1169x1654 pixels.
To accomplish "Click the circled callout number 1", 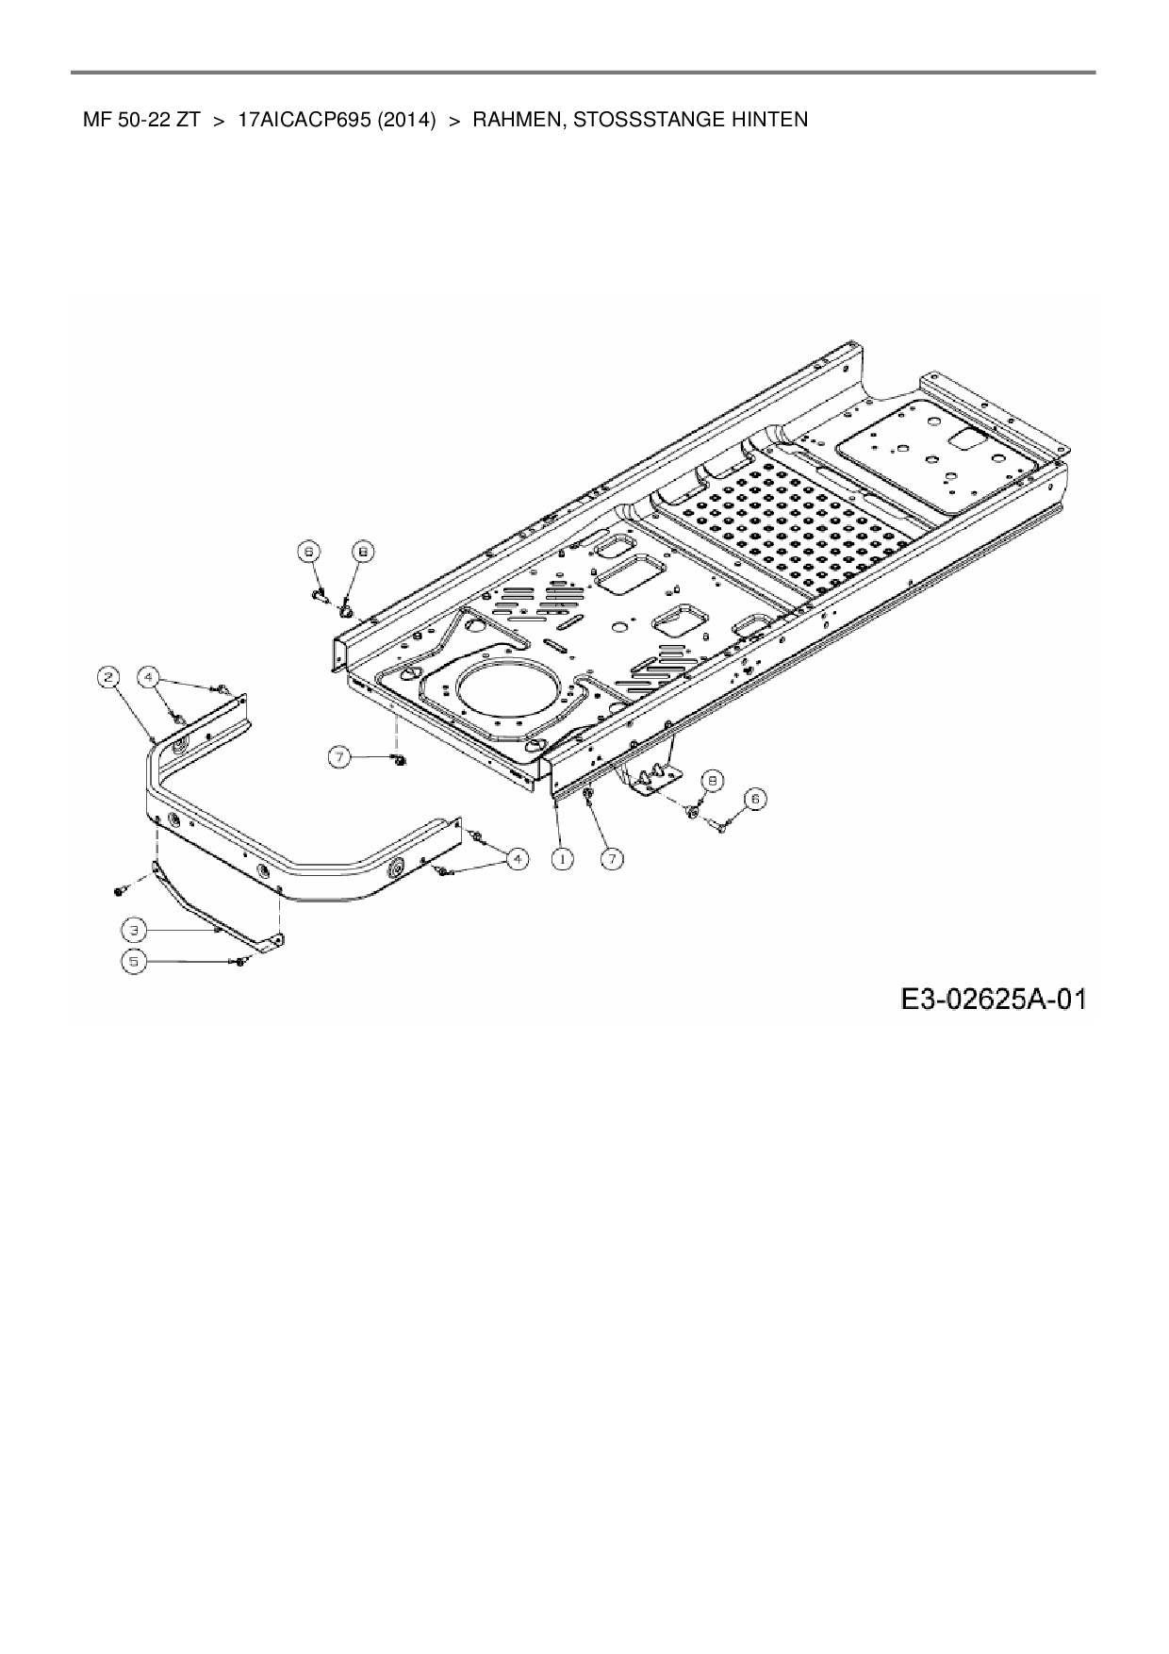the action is point(562,858).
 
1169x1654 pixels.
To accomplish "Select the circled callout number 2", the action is point(109,677).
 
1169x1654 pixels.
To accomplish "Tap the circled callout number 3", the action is point(134,930).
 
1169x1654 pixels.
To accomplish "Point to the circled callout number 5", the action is point(134,961).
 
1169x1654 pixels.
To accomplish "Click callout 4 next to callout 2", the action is point(148,677).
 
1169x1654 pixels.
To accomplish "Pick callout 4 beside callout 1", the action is point(517,858).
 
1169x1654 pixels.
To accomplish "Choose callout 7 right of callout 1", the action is point(613,858).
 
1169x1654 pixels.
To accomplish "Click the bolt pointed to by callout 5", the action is point(241,961).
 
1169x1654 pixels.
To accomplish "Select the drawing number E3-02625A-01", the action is point(993,998).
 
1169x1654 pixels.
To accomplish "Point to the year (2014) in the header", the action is point(405,120).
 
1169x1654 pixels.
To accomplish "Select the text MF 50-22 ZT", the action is point(141,120).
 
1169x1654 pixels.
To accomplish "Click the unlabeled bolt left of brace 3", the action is point(121,889).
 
